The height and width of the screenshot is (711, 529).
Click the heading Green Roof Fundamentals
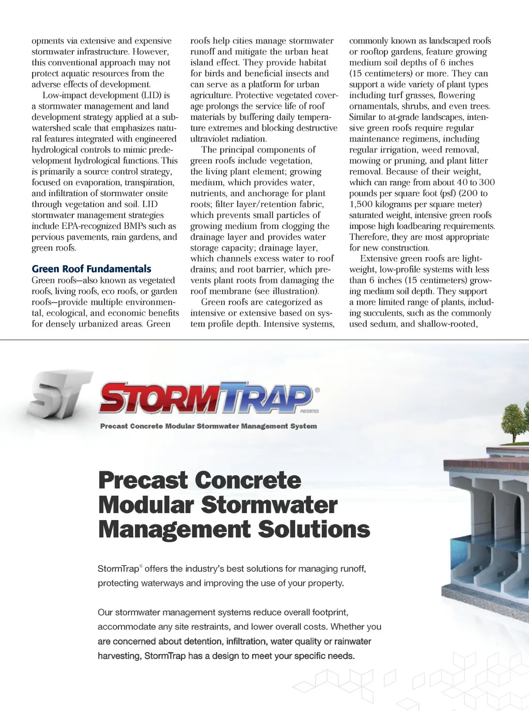click(x=91, y=269)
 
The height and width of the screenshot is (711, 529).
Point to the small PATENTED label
click(x=309, y=411)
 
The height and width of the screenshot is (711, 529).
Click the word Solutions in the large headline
click(x=314, y=529)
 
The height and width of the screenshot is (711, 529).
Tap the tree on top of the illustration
click(x=515, y=421)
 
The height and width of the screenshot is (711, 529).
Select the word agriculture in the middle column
click(x=211, y=95)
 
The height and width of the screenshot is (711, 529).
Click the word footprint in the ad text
click(x=329, y=612)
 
